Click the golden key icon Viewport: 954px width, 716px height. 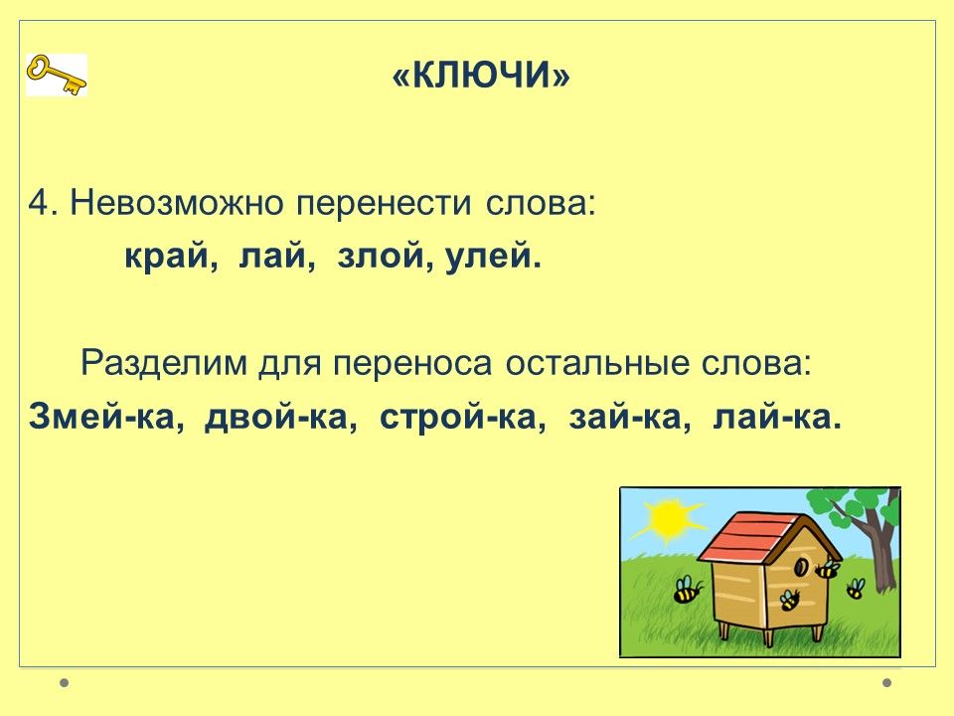coord(57,75)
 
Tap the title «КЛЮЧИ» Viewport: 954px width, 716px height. coord(481,76)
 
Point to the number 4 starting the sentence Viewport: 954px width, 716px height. coord(39,203)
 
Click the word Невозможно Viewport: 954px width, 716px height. coord(177,203)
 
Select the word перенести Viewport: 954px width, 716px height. coord(384,204)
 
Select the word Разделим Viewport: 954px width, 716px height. coord(164,364)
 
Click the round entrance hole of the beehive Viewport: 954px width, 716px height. coord(801,568)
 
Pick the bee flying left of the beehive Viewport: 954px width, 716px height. coord(687,590)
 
